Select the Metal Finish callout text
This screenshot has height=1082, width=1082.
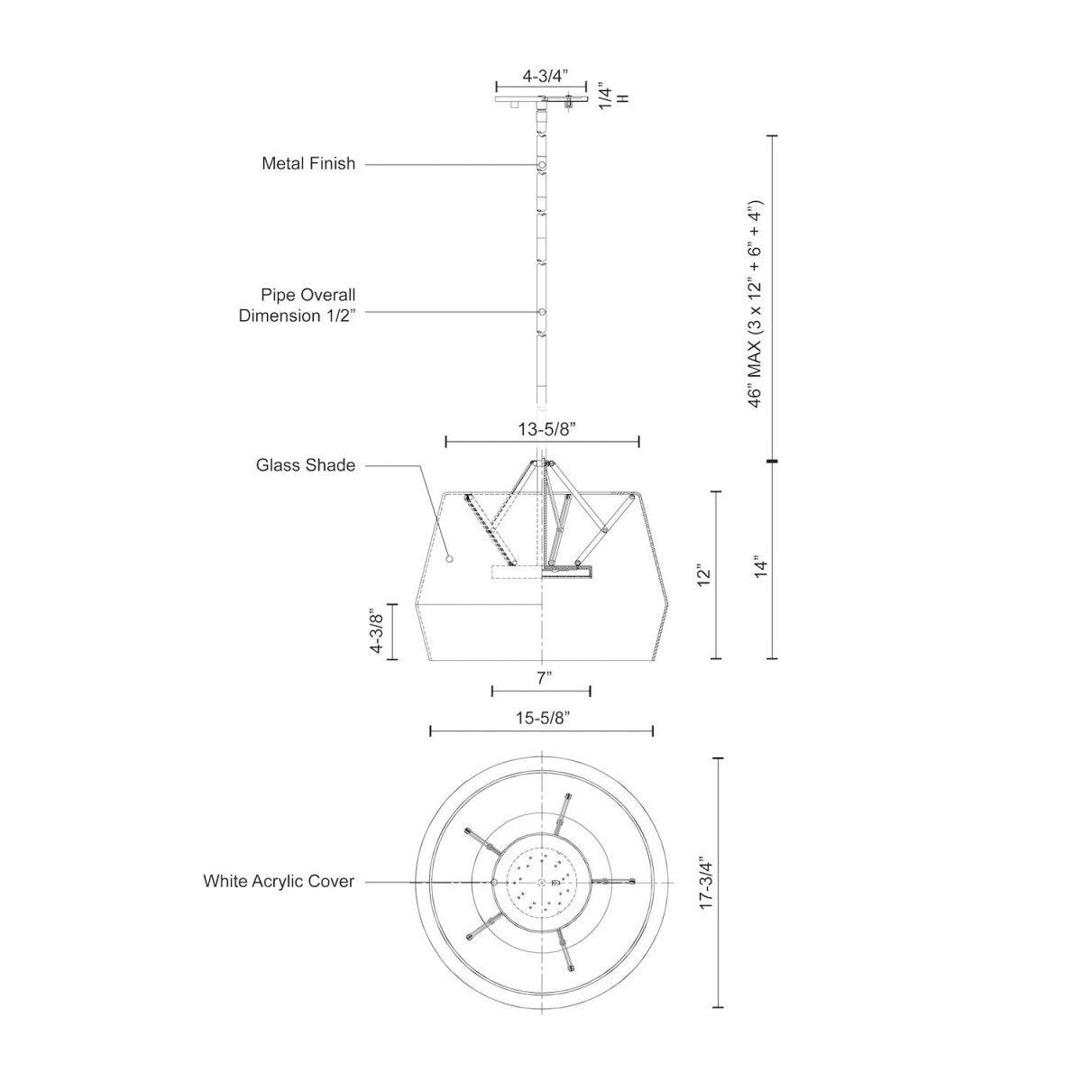point(308,164)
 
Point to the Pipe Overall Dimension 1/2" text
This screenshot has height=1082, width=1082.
point(297,305)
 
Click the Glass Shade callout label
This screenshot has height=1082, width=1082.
point(305,465)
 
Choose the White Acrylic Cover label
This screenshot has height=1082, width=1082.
point(279,881)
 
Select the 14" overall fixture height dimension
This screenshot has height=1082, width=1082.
point(762,567)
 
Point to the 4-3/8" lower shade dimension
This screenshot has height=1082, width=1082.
point(378,632)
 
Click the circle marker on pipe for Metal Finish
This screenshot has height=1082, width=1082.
point(541,165)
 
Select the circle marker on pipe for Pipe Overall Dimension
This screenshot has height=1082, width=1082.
point(541,312)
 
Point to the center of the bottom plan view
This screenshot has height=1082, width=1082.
point(541,881)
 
